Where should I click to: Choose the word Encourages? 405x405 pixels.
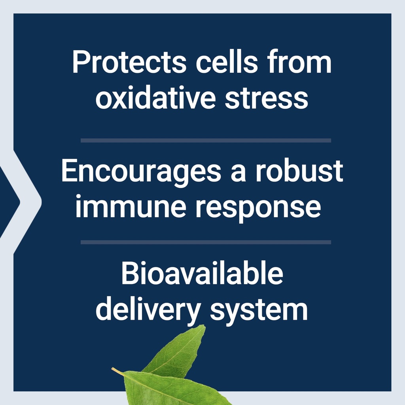[x=141, y=172]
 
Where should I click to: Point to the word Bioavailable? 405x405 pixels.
[x=202, y=274]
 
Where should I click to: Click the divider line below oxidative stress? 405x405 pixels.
[x=206, y=140]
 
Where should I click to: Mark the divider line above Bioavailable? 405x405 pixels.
[x=206, y=242]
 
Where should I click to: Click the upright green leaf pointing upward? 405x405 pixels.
[x=180, y=350]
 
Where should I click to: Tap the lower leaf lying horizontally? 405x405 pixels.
[x=170, y=388]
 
